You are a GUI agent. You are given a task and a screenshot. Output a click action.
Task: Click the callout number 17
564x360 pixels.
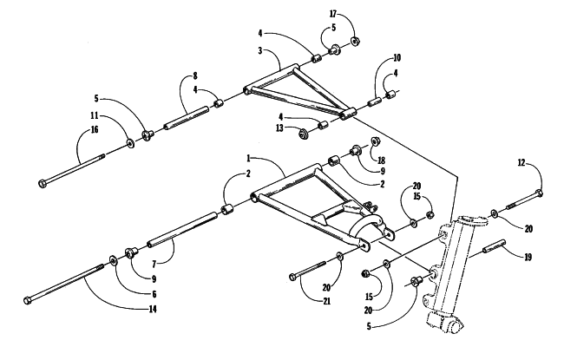point(332,14)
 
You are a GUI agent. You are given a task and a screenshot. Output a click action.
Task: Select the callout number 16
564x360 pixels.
point(95,129)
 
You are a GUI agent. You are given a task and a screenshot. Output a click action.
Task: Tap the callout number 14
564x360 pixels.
point(153,309)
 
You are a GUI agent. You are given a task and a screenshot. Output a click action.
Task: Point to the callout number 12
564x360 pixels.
point(521,163)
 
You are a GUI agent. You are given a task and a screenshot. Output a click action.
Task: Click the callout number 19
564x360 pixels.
point(528,257)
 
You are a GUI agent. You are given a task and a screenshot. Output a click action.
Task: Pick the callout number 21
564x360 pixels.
point(326,301)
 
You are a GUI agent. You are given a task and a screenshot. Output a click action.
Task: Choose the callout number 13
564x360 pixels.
point(279,128)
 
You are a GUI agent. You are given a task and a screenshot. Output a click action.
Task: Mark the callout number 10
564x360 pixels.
point(397,57)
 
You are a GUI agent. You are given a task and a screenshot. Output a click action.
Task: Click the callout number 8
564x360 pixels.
point(195,75)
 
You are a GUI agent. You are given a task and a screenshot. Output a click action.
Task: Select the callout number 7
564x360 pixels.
point(154,265)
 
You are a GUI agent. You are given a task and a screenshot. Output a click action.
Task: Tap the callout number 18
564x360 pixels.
point(381,160)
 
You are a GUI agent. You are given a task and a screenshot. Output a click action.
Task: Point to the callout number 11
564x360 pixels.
point(95,115)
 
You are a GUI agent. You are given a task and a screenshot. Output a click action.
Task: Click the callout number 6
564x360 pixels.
point(154,294)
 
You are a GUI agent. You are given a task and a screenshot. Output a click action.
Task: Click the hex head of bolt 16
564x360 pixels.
point(42,183)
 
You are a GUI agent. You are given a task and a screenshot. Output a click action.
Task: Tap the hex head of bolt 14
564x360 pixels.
point(28,301)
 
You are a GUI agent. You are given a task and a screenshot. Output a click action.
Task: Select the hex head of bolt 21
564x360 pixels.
point(292,277)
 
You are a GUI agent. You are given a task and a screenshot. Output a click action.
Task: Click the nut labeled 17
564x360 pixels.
point(355,42)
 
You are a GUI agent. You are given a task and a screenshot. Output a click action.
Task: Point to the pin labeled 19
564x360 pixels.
point(495,246)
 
